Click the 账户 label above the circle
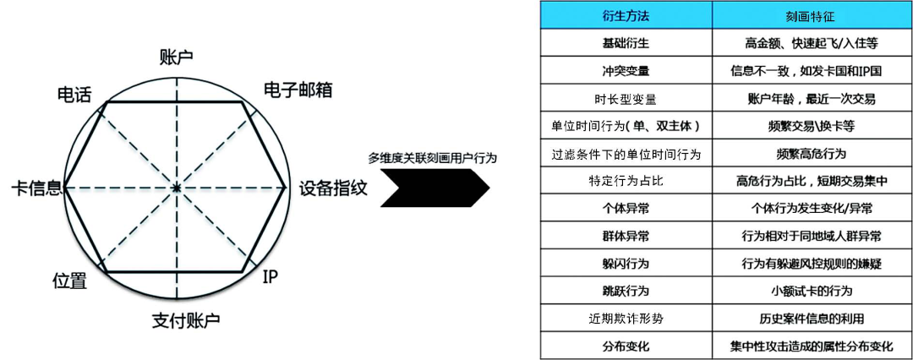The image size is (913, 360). (176, 57)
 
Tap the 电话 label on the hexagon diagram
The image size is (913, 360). (74, 93)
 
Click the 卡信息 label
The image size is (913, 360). (36, 188)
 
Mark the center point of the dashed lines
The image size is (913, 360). (176, 187)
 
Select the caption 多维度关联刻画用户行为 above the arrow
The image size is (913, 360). (432, 157)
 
